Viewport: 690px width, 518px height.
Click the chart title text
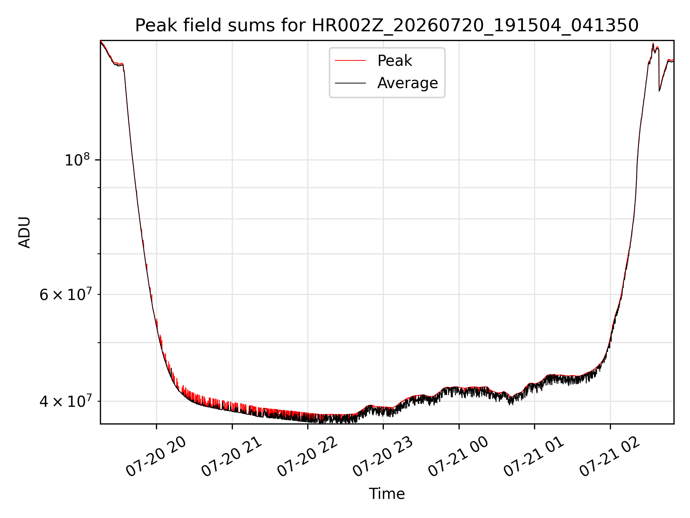point(387,26)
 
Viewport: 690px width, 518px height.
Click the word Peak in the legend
point(395,61)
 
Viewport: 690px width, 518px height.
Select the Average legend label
point(408,83)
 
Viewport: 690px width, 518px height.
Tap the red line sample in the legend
point(350,61)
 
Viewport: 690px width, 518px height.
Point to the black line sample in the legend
point(350,83)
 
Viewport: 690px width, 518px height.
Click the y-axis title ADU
point(24,232)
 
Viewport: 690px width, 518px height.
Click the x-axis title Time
point(387,494)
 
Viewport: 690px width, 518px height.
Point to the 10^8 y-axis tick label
point(77,159)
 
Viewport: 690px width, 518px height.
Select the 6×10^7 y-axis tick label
point(65,294)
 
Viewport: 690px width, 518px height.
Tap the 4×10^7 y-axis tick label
point(65,401)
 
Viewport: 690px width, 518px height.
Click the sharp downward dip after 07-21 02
point(659,90)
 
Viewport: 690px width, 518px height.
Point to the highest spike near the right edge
point(653,44)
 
